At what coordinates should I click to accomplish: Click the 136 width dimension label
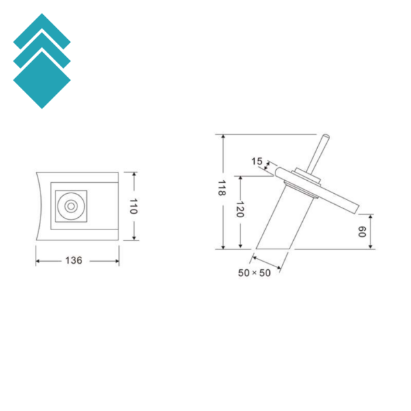point(74,260)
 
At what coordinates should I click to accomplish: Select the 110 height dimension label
point(134,206)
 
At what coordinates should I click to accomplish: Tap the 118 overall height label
point(222,188)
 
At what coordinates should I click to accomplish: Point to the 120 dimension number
point(240,210)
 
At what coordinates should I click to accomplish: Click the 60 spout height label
point(362,232)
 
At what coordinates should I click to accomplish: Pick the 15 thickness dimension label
point(257,161)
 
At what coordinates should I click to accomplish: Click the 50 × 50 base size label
point(254,273)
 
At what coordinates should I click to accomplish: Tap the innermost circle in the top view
point(71,206)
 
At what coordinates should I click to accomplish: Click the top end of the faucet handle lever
point(326,136)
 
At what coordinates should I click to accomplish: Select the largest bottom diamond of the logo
point(42,80)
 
